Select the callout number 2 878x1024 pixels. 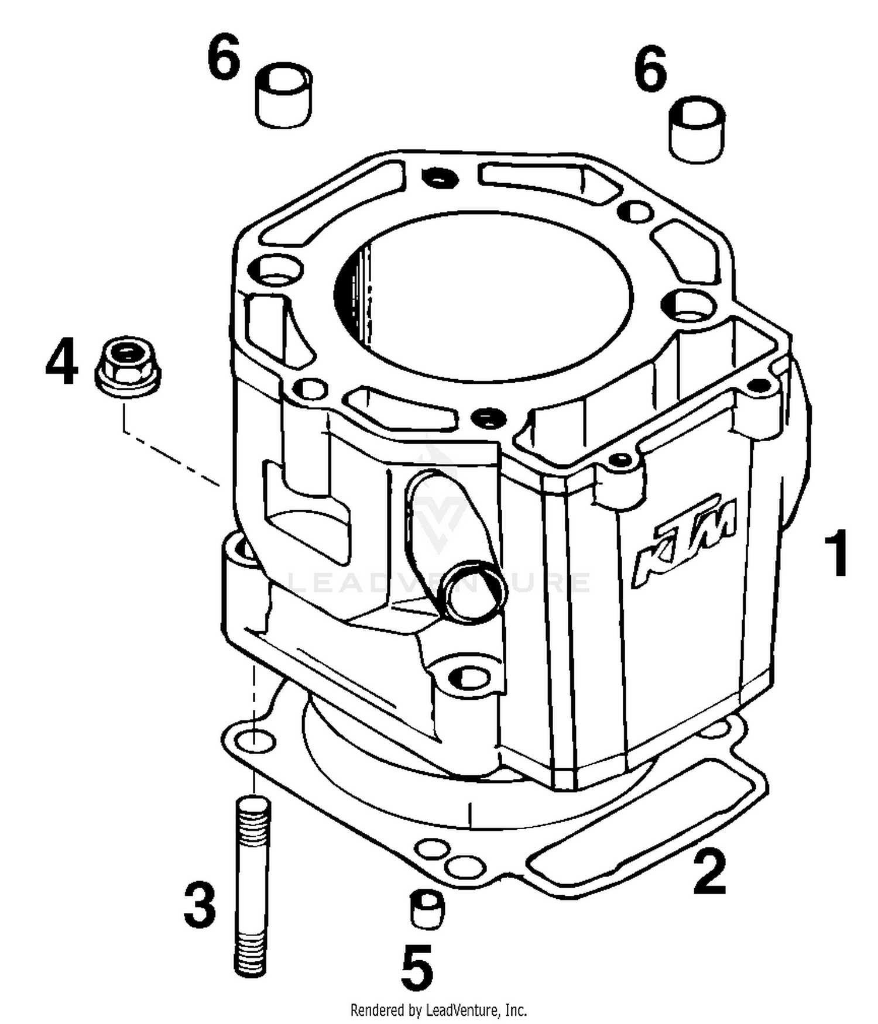click(709, 873)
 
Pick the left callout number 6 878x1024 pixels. click(224, 57)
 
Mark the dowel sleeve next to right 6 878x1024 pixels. click(697, 130)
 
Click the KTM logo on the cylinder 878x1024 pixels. click(685, 541)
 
